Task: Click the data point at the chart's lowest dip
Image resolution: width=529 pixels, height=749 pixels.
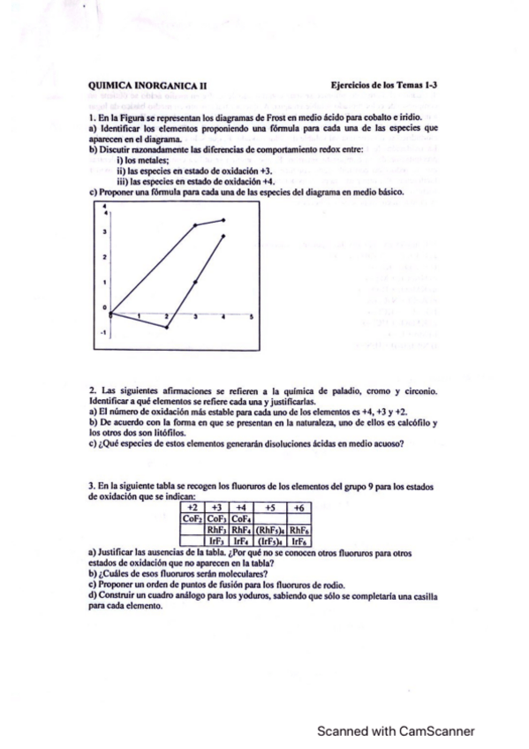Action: pyautogui.click(x=168, y=328)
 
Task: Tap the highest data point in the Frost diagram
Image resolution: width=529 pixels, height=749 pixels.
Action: pyautogui.click(x=223, y=219)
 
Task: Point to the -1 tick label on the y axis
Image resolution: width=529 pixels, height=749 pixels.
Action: pyautogui.click(x=102, y=333)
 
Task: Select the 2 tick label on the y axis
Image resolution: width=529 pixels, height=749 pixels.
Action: pyautogui.click(x=104, y=255)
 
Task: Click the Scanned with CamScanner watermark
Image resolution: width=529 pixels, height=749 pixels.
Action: pyautogui.click(x=397, y=730)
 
